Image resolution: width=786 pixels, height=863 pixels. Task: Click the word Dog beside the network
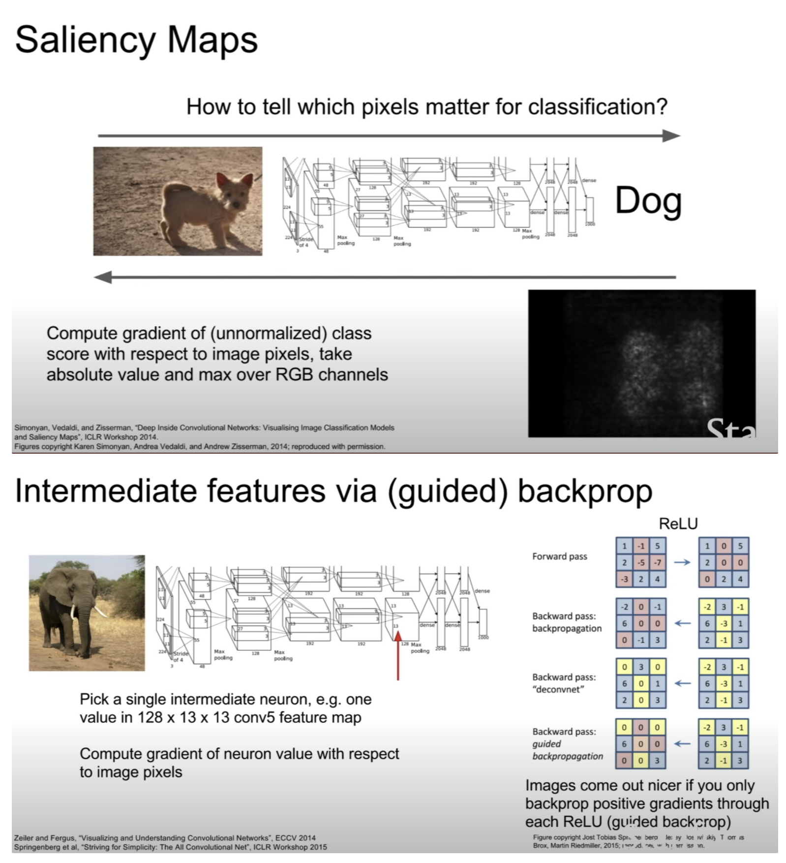coord(648,201)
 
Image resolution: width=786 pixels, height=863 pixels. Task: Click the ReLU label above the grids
coord(678,524)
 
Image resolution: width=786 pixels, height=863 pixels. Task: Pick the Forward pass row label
coord(559,556)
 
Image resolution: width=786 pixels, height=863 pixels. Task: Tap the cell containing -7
coord(657,562)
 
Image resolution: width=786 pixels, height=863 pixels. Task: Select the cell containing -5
coord(641,562)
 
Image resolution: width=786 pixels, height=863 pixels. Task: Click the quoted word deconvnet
coord(558,689)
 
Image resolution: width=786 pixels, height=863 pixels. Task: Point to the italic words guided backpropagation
coord(567,750)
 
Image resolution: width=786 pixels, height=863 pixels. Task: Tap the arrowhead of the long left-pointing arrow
coord(102,277)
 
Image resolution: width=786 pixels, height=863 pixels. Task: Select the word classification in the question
coord(598,107)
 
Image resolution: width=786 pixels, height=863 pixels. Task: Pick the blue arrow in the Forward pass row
coord(682,562)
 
